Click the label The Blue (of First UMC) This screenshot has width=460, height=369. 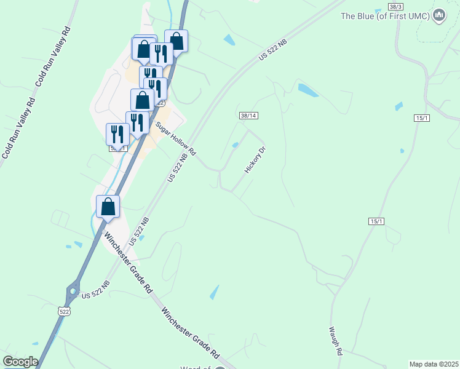(x=386, y=16)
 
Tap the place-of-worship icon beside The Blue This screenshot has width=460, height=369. (x=438, y=16)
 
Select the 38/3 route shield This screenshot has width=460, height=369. (x=396, y=6)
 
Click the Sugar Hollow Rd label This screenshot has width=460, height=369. (x=175, y=138)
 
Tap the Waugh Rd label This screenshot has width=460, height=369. (x=335, y=341)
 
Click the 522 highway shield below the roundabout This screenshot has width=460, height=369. (x=65, y=312)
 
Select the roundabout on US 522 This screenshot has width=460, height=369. (x=74, y=288)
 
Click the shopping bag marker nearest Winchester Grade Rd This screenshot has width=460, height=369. (x=108, y=207)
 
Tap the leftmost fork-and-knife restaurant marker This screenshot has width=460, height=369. (x=117, y=134)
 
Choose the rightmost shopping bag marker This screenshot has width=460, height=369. (x=176, y=42)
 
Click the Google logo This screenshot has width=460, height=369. (x=20, y=362)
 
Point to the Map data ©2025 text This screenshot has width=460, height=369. (x=434, y=364)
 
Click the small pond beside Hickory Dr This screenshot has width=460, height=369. (x=236, y=145)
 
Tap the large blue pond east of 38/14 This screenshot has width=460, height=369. (x=307, y=90)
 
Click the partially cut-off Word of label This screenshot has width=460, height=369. (x=196, y=367)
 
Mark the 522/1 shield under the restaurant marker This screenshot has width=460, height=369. (x=118, y=148)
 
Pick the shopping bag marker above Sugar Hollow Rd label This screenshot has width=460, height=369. (x=142, y=100)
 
